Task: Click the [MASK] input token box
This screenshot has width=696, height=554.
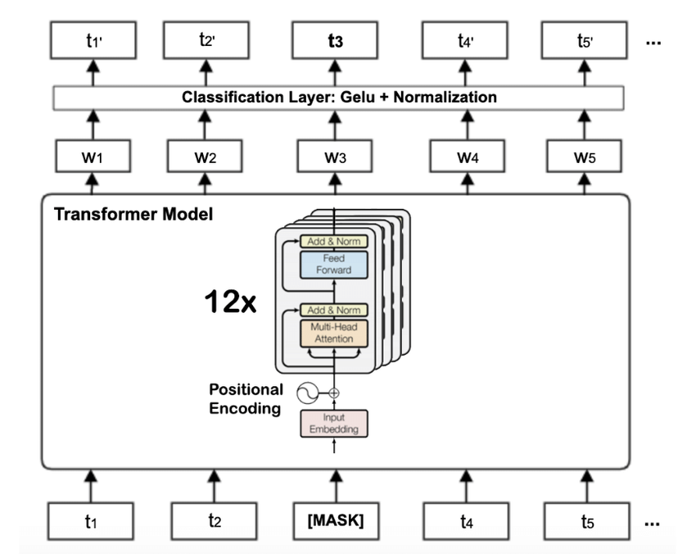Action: pyautogui.click(x=336, y=520)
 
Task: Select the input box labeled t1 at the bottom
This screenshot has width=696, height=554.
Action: pyautogui.click(x=93, y=520)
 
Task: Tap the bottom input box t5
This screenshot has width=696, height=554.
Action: pyautogui.click(x=587, y=520)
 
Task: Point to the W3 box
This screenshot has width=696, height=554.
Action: pyautogui.click(x=335, y=156)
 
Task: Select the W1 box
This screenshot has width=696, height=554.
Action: pyautogui.click(x=93, y=156)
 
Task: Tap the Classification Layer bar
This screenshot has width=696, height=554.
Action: pyautogui.click(x=338, y=98)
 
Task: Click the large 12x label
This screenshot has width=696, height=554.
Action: pyautogui.click(x=230, y=302)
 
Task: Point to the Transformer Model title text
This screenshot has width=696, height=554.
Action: pyautogui.click(x=133, y=215)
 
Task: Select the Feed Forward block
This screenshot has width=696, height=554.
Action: pyautogui.click(x=333, y=264)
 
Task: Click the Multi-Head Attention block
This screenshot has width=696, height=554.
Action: pyautogui.click(x=333, y=333)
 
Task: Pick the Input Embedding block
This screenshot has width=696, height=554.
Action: pyautogui.click(x=333, y=423)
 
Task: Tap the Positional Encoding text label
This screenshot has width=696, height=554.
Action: pyautogui.click(x=246, y=398)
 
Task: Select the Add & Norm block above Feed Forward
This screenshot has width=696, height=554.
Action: pyautogui.click(x=333, y=241)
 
